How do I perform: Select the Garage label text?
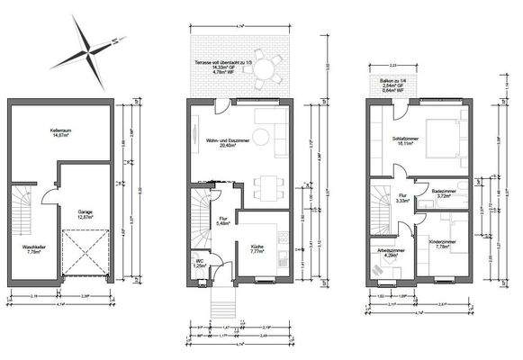pyautogui.click(x=86, y=213)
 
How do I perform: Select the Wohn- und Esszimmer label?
pyautogui.click(x=215, y=142)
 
